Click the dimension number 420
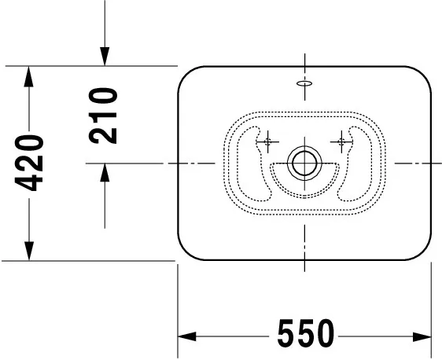click(29, 163)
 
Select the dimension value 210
click(103, 116)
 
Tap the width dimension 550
click(304, 336)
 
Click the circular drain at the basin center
click(303, 163)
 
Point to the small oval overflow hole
click(304, 82)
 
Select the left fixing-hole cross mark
click(267, 141)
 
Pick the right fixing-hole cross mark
click(341, 141)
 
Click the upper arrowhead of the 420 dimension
click(29, 76)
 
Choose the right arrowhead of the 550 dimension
click(423, 336)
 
